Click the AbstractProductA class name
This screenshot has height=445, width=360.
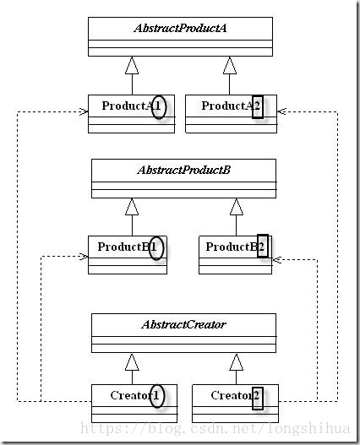[x=180, y=29]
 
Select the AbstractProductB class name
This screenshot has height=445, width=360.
[x=183, y=170]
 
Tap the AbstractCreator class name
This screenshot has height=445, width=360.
[x=183, y=324]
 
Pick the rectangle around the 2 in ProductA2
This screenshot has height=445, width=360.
[x=253, y=107]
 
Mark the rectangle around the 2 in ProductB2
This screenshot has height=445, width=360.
[x=258, y=246]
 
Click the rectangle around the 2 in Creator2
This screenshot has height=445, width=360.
[x=253, y=399]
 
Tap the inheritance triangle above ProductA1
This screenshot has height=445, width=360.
[x=132, y=66]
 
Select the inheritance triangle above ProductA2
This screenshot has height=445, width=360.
[x=230, y=66]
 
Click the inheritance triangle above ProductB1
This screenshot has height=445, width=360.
[x=132, y=207]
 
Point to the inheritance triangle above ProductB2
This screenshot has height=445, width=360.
[x=237, y=207]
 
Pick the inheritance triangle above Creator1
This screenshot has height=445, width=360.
[x=132, y=362]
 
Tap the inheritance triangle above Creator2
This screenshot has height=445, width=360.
[x=237, y=362]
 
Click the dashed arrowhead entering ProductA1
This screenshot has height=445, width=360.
[x=84, y=111]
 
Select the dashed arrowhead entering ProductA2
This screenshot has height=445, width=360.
[x=281, y=111]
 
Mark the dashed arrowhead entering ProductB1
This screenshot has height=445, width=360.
[x=84, y=256]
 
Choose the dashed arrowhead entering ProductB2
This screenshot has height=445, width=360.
[x=276, y=259]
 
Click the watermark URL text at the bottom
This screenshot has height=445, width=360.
[x=215, y=429]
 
